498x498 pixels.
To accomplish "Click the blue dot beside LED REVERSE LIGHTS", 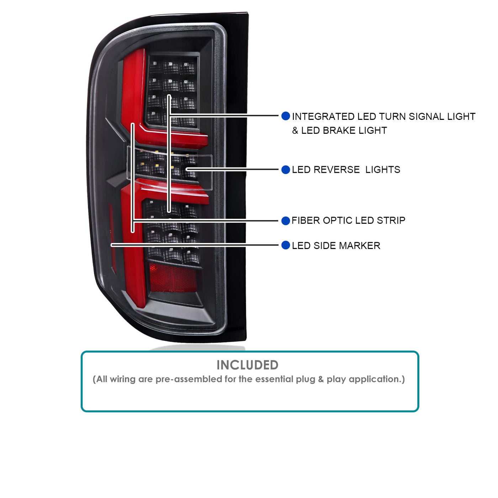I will click(285, 170).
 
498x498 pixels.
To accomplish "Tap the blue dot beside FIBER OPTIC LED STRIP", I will click(285, 221).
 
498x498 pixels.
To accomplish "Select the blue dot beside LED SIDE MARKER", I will click(285, 245).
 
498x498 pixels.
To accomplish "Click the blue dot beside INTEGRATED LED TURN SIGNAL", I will click(285, 116).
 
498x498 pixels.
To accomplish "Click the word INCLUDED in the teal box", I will click(247, 365).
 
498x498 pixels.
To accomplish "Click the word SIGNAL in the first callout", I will click(425, 116).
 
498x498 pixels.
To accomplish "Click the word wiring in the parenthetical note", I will click(122, 379).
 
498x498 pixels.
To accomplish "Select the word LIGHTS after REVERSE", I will click(383, 170).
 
